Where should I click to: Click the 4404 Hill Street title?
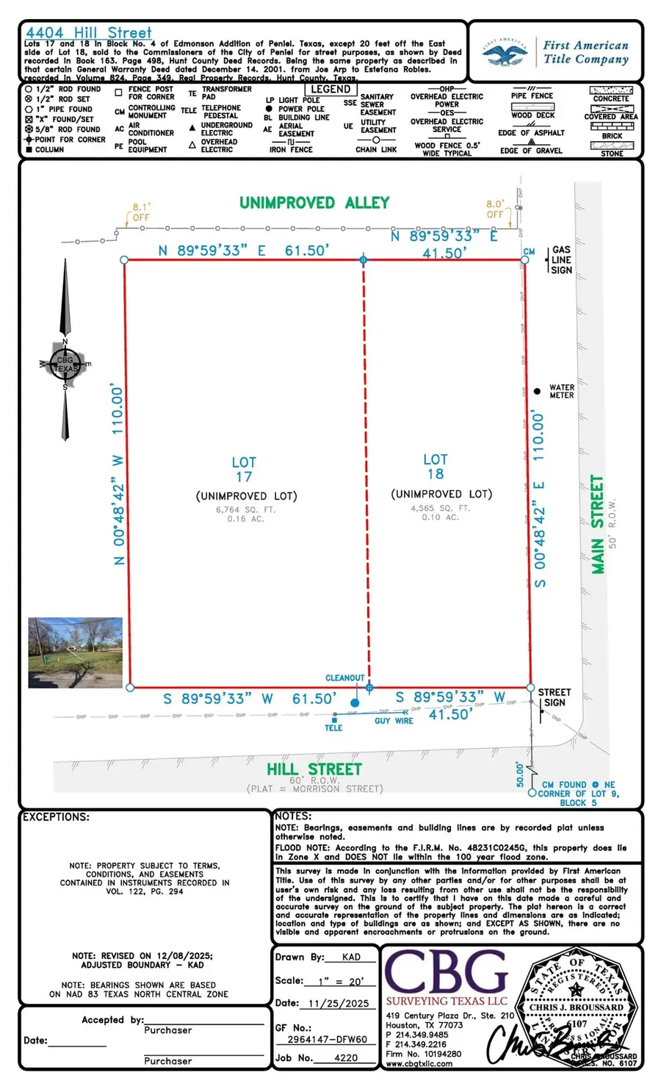pyautogui.click(x=89, y=33)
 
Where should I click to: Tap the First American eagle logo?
pyautogui.click(x=505, y=53)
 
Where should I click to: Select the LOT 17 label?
pyautogui.click(x=244, y=469)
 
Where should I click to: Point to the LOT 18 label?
pyautogui.click(x=436, y=467)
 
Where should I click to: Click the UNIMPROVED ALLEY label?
pyautogui.click(x=314, y=203)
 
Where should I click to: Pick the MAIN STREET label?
pyautogui.click(x=598, y=524)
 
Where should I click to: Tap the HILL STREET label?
pyautogui.click(x=314, y=769)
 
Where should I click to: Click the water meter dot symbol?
pyautogui.click(x=537, y=391)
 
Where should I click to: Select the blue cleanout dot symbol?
pyautogui.click(x=355, y=703)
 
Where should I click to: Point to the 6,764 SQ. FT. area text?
pyautogui.click(x=245, y=509)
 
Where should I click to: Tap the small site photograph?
pyautogui.click(x=75, y=653)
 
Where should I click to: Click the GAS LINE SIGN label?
pyautogui.click(x=561, y=260)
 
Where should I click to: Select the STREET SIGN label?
pyautogui.click(x=554, y=697)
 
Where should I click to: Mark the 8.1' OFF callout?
pyautogui.click(x=140, y=212)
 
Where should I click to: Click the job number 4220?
pyautogui.click(x=346, y=1058)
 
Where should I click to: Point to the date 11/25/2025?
pyautogui.click(x=339, y=1004)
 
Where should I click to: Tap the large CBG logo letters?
pyautogui.click(x=447, y=972)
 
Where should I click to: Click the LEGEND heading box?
pyautogui.click(x=330, y=90)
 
